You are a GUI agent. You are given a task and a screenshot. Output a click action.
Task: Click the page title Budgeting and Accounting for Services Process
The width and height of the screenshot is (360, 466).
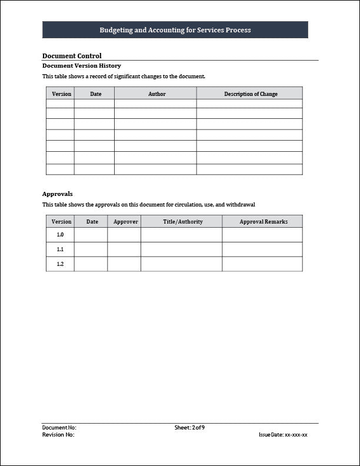click(x=175, y=30)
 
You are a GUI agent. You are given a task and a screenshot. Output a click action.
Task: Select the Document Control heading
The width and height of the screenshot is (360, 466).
click(x=72, y=56)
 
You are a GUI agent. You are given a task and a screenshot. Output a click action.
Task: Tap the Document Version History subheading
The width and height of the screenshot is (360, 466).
click(x=82, y=66)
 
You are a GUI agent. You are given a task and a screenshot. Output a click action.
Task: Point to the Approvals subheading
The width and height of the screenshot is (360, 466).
click(x=58, y=194)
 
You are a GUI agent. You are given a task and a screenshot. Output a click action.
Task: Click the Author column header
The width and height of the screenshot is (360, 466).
click(x=157, y=94)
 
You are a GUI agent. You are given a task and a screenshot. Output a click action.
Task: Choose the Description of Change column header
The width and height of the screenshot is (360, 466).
click(x=251, y=94)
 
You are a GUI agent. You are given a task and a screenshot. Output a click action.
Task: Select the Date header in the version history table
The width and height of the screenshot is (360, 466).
click(x=96, y=94)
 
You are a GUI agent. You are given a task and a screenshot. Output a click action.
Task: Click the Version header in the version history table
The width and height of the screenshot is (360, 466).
click(x=62, y=94)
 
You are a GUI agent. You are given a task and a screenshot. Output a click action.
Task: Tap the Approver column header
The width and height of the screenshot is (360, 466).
click(x=125, y=222)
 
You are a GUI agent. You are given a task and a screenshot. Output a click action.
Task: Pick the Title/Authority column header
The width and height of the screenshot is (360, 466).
click(x=183, y=222)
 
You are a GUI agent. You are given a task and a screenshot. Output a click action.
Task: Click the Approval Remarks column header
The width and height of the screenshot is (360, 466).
click(x=264, y=222)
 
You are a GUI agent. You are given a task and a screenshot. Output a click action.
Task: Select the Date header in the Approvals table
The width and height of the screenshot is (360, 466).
click(x=92, y=222)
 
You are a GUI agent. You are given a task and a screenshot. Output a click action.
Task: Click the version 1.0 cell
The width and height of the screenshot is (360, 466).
click(x=60, y=235)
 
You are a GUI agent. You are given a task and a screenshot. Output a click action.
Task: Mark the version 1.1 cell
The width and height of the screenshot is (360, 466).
click(x=60, y=249)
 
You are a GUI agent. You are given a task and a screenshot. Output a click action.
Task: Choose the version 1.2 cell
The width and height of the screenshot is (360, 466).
click(x=60, y=264)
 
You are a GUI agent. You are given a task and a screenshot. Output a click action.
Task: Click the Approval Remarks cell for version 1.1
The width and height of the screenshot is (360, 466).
click(x=262, y=249)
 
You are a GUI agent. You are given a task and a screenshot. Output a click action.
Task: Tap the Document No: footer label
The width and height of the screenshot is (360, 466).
click(x=59, y=428)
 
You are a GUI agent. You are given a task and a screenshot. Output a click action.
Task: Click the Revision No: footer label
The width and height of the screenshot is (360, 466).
click(x=58, y=435)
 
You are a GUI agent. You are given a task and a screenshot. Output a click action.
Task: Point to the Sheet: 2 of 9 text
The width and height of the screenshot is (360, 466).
click(x=189, y=428)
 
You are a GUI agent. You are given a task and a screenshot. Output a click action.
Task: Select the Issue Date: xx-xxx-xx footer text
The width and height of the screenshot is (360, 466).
click(x=283, y=435)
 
